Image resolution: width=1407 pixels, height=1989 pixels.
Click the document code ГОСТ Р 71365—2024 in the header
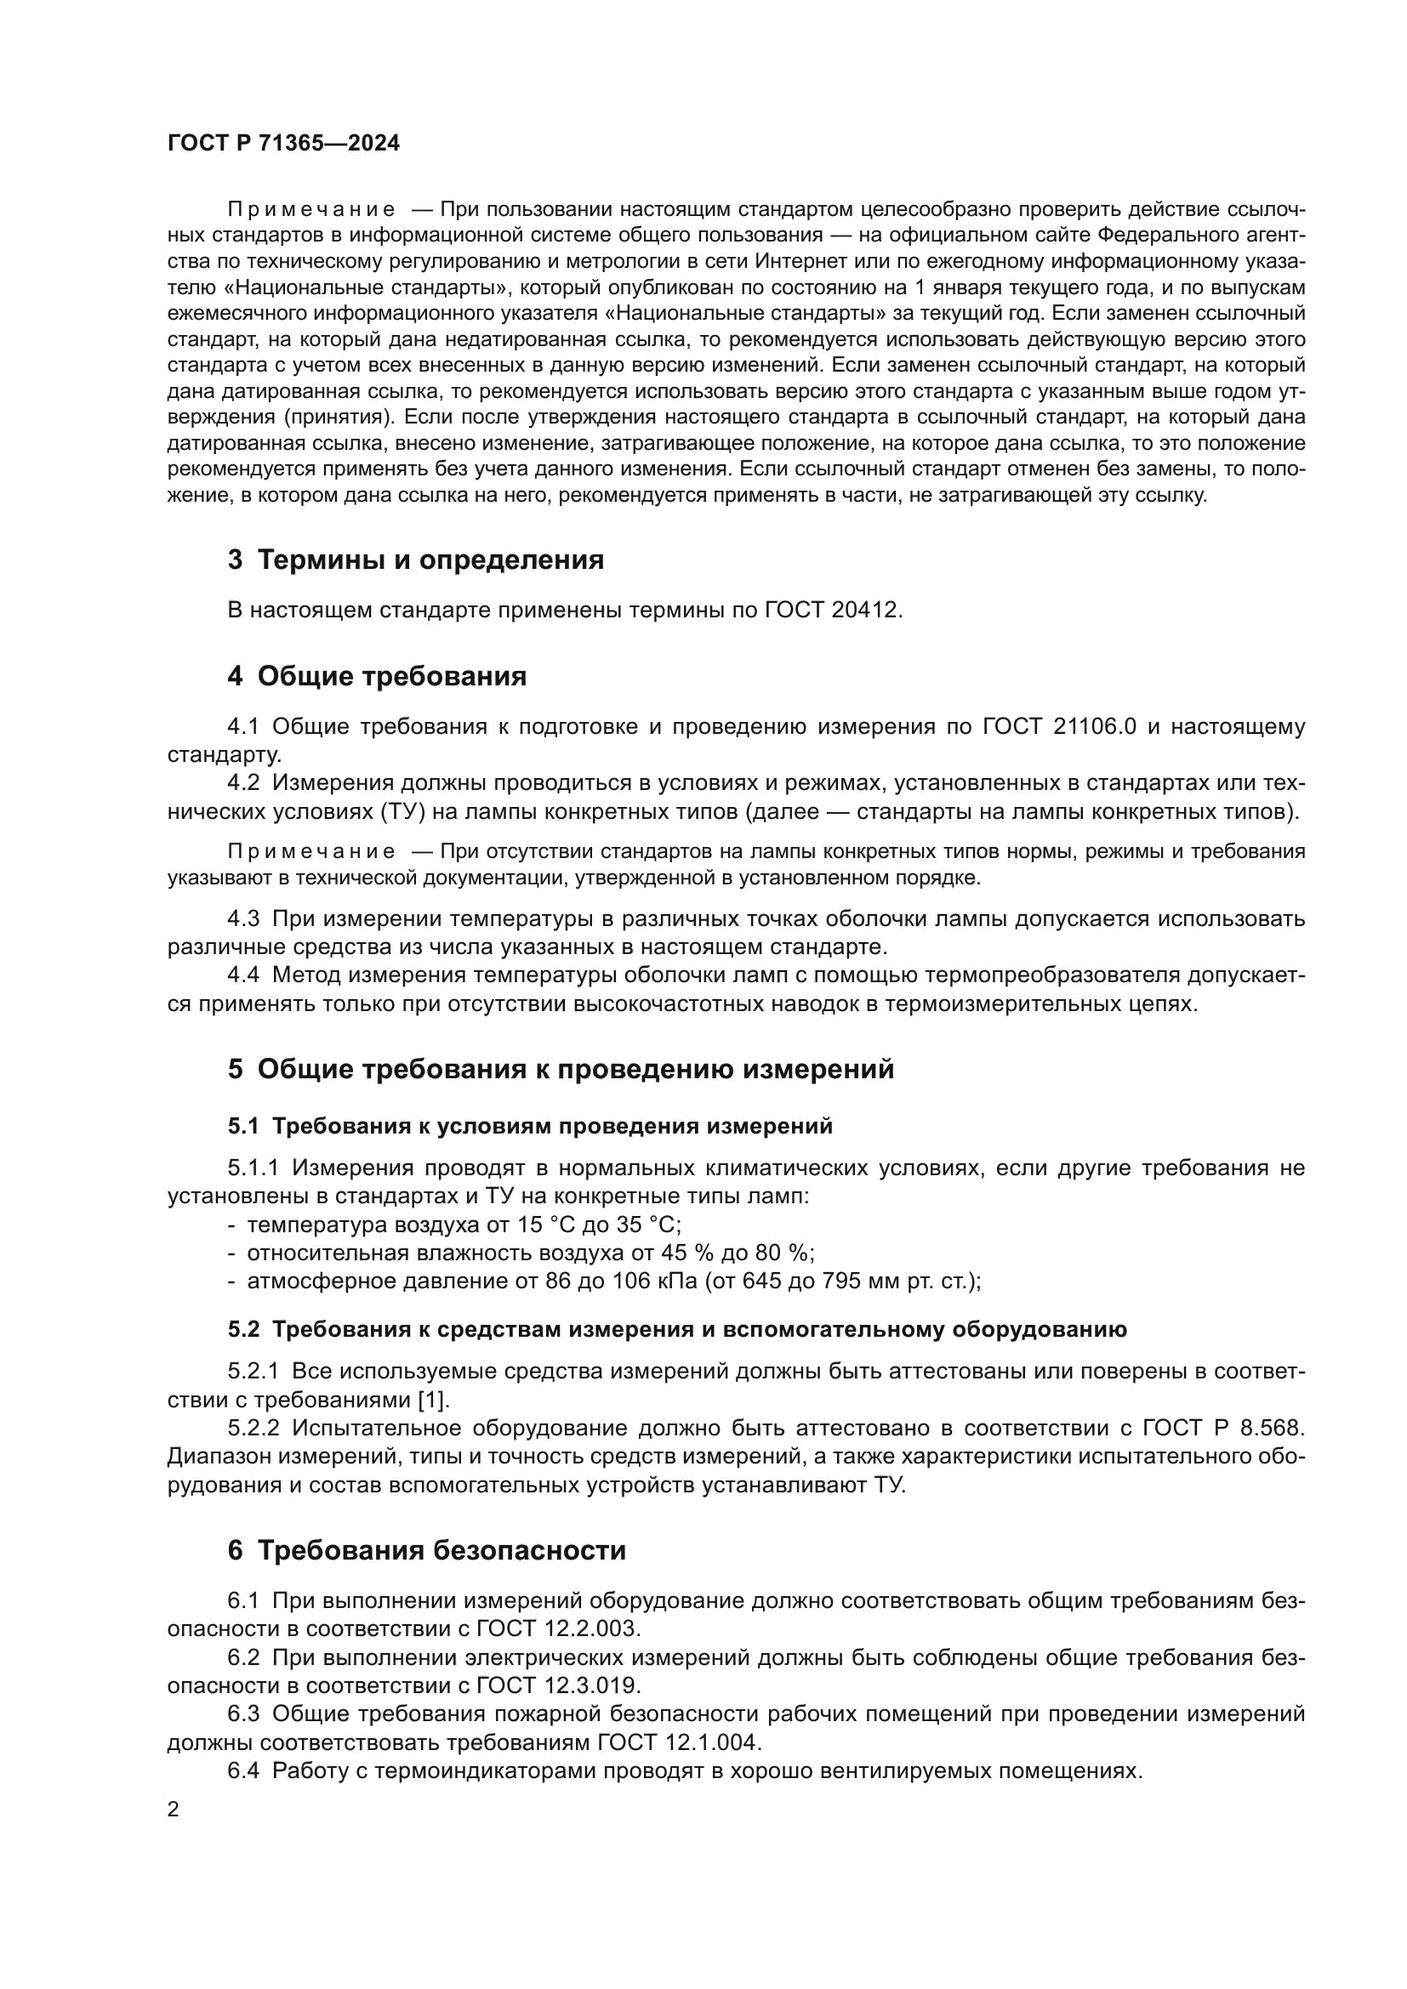[283, 144]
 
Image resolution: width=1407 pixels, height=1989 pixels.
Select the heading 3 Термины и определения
[416, 560]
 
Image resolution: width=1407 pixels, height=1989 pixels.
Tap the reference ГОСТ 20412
[833, 610]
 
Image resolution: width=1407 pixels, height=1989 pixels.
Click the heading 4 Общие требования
[377, 676]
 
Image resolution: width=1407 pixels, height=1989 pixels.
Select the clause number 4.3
[243, 918]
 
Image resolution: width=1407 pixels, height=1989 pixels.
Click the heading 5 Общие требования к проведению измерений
[561, 1069]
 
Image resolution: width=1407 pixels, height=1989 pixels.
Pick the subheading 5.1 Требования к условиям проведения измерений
[530, 1126]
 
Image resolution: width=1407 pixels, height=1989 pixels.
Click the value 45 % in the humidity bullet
[686, 1253]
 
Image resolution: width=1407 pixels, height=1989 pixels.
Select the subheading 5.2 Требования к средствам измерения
[677, 1330]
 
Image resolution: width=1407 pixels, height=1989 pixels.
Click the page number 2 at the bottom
[174, 1810]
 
